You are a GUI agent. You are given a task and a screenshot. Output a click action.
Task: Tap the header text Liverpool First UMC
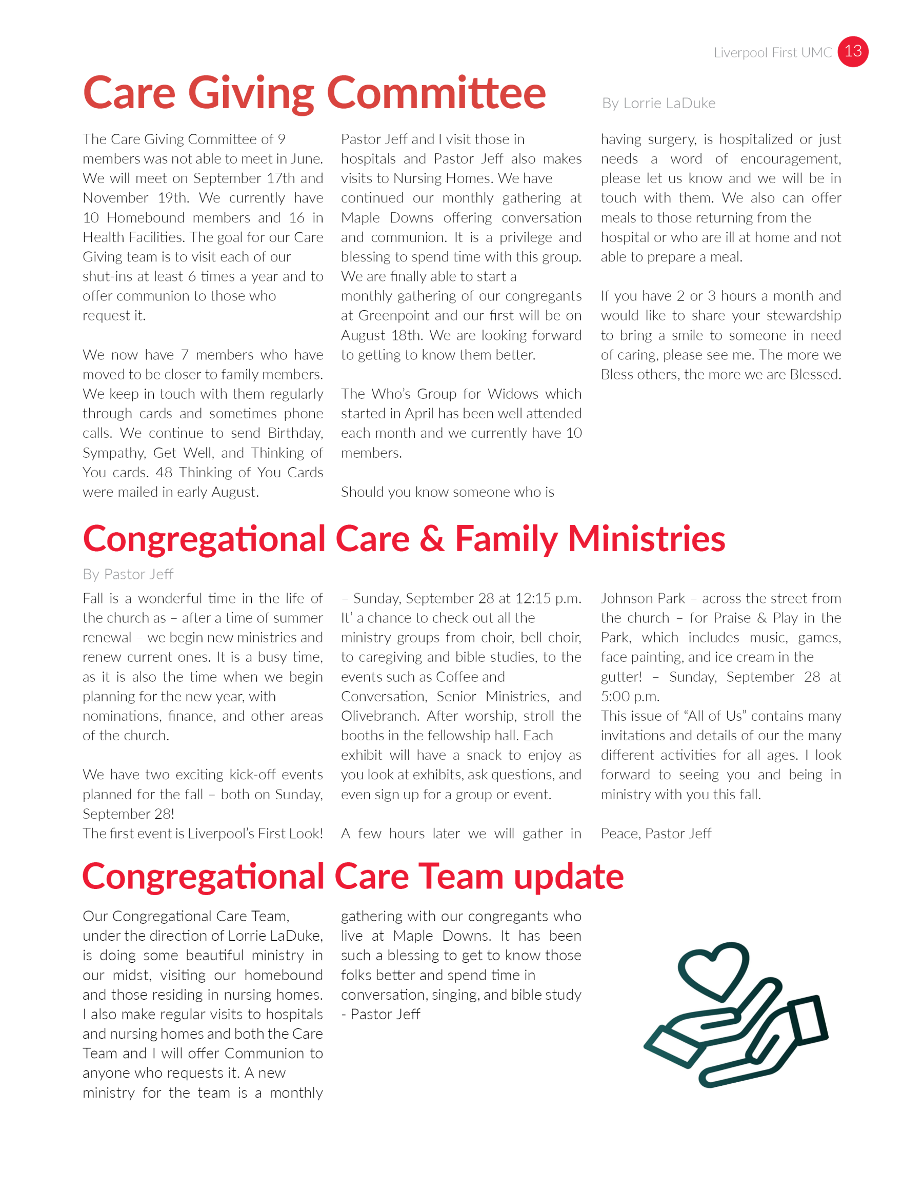(772, 52)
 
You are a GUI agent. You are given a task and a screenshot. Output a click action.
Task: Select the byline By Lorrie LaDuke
(658, 104)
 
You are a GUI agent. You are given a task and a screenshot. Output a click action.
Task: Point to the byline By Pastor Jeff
(128, 574)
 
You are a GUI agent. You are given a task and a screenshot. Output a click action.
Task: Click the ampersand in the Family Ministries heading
(432, 539)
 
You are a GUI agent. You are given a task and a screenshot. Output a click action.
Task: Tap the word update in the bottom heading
(568, 877)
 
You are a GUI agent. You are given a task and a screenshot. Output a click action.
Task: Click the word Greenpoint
(394, 315)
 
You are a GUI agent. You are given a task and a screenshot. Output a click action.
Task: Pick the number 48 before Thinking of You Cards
(164, 472)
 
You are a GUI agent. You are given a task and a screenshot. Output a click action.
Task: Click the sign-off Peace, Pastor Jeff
(656, 834)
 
